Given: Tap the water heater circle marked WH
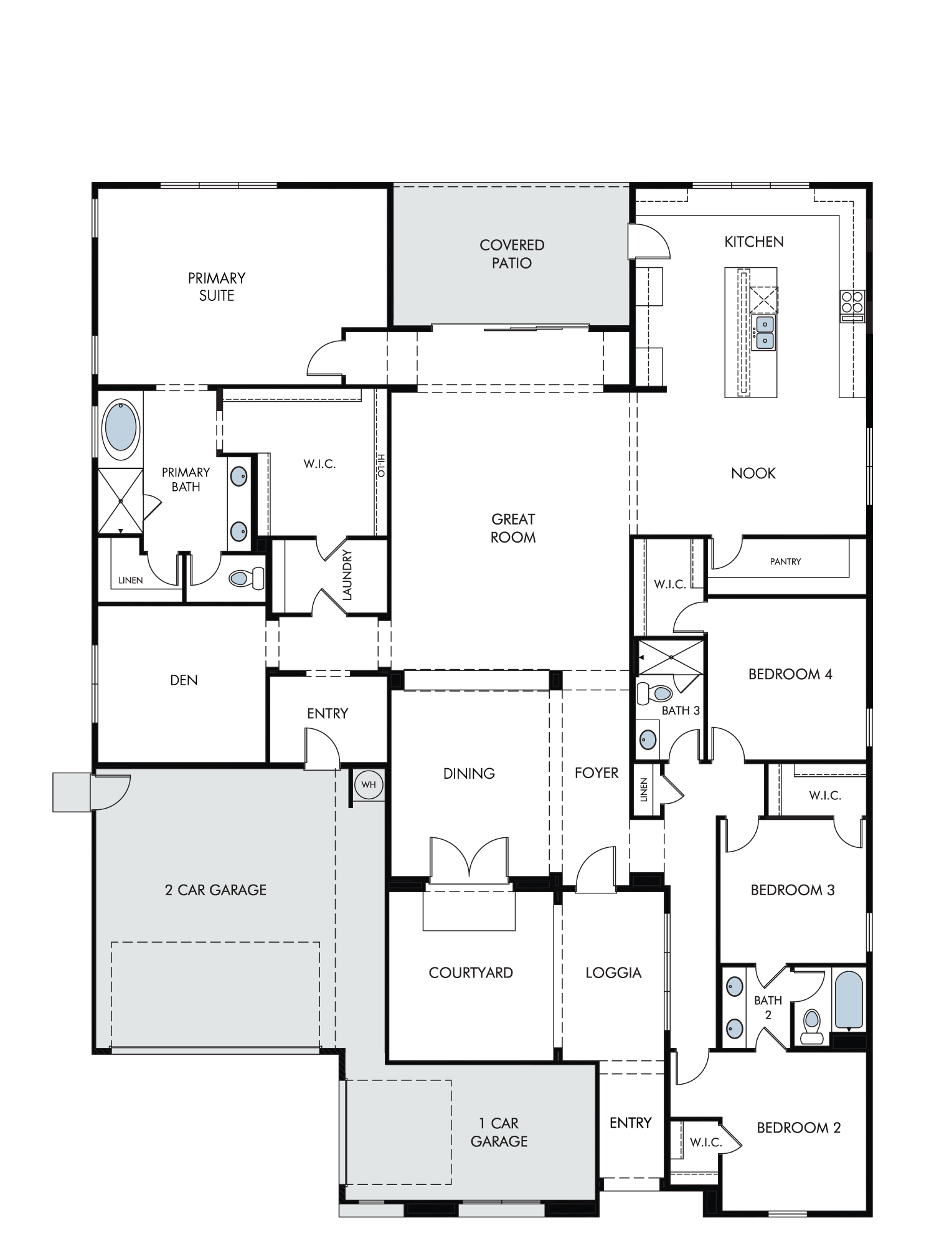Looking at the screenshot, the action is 369,784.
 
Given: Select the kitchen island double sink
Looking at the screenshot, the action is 764,332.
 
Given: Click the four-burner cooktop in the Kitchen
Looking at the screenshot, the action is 852,302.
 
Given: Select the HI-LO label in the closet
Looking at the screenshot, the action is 381,465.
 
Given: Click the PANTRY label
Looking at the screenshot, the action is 785,561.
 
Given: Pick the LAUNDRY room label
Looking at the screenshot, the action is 347,575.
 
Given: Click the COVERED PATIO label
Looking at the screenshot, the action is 512,254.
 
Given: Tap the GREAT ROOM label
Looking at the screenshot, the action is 513,528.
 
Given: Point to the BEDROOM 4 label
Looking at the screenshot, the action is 790,674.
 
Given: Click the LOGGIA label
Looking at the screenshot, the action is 613,973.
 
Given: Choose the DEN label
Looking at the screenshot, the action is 184,680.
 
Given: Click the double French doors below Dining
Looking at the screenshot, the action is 469,860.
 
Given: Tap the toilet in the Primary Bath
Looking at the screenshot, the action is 247,578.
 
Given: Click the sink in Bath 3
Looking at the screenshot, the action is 648,740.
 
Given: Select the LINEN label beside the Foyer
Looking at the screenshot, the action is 644,789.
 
